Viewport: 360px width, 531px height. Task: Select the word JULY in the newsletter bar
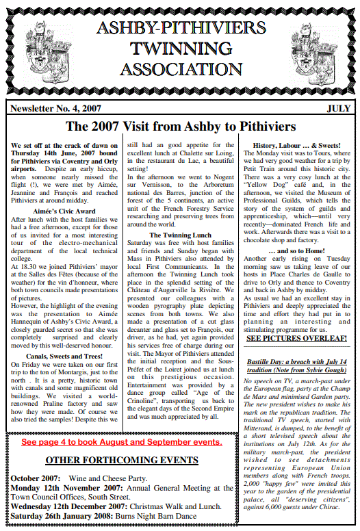coord(338,108)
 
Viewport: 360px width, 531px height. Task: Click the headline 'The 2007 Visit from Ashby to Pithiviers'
coord(180,127)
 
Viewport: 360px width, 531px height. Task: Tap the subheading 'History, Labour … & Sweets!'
coord(296,146)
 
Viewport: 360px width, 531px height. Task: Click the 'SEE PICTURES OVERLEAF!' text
coord(296,337)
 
